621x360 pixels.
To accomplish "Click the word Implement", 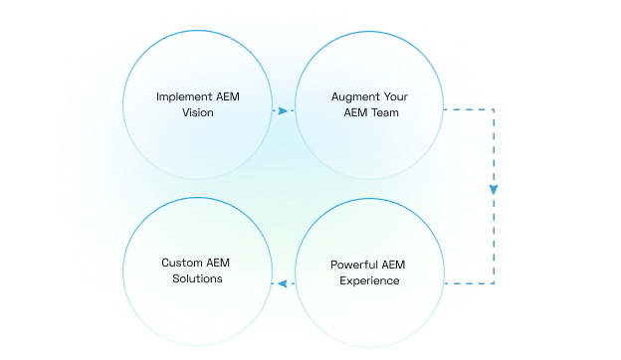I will [x=183, y=96].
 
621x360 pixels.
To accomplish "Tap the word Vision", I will [x=198, y=113].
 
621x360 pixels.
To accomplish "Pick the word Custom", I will [x=182, y=264].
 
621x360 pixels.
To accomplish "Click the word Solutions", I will [x=198, y=279].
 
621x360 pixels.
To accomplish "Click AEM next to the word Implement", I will [x=226, y=96].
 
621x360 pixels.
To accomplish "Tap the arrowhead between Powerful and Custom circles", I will [x=280, y=283].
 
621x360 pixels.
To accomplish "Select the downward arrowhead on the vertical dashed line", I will [x=494, y=190].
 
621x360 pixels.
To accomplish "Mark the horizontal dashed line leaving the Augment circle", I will [x=468, y=109].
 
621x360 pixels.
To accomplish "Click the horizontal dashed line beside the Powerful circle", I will [x=468, y=284].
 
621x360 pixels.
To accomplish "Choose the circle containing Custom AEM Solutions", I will [x=198, y=271].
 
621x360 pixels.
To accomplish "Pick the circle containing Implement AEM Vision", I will [x=198, y=104].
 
